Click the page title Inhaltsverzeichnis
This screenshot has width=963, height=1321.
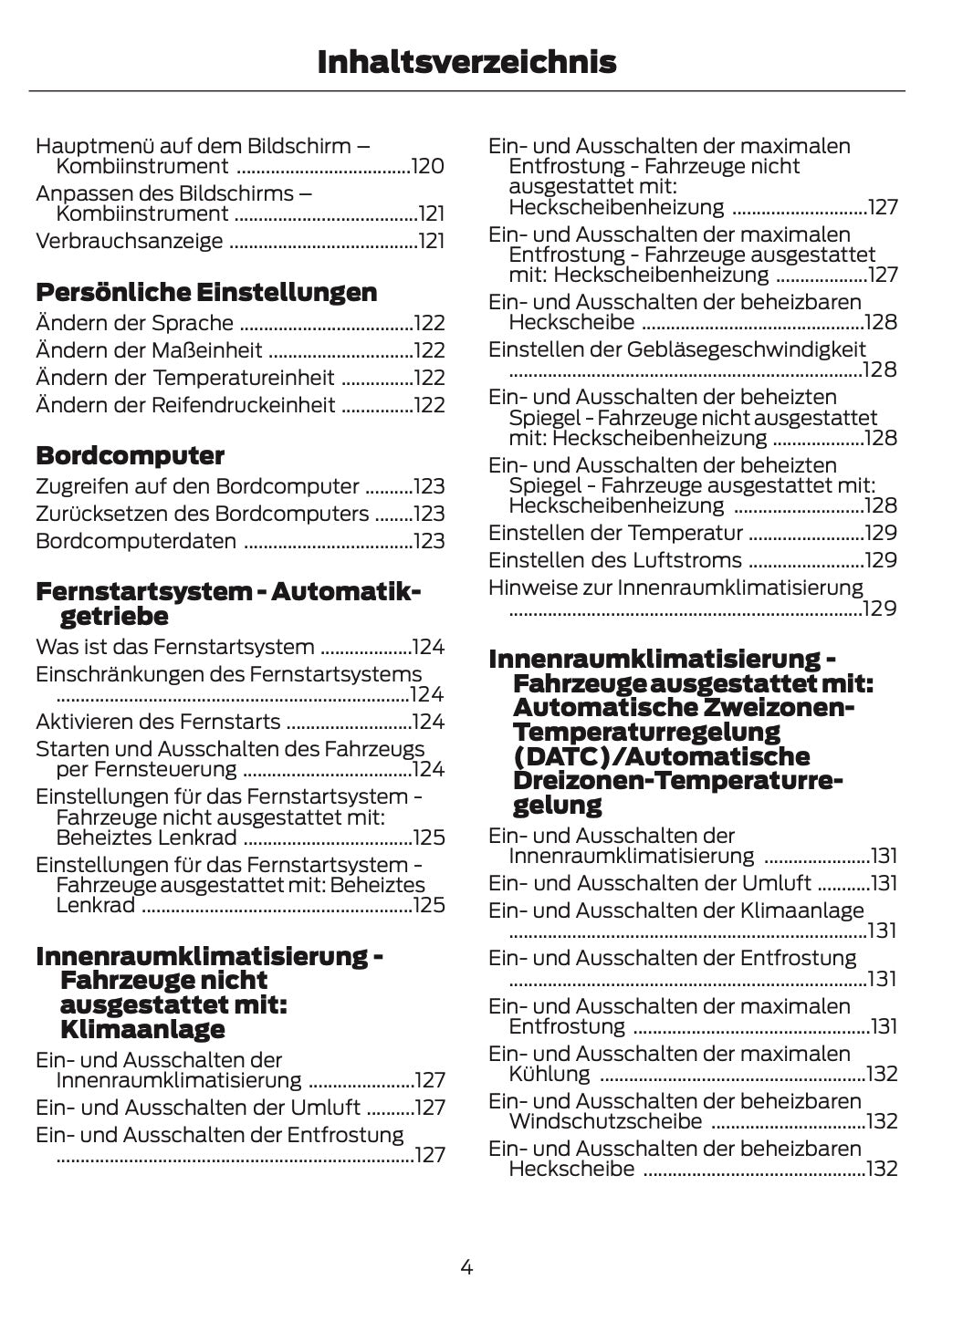coord(466,63)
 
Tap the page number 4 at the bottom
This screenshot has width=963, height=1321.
coord(466,1266)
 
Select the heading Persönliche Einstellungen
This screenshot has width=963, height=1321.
coord(206,293)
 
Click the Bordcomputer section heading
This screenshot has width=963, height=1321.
coord(130,455)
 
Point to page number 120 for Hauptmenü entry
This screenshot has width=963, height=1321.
coord(428,167)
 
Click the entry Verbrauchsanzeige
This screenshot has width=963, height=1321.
coord(129,242)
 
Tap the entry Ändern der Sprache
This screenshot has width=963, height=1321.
coord(134,323)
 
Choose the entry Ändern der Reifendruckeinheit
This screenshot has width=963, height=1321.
coord(185,405)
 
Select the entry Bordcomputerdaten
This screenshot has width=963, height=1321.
coord(136,541)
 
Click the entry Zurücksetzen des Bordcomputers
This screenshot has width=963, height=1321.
coord(202,514)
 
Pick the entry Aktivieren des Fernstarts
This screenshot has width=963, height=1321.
coord(158,723)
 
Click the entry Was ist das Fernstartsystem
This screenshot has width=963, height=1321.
coord(174,648)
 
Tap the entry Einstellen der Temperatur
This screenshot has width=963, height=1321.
coord(615,533)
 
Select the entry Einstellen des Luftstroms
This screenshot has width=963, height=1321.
coord(614,560)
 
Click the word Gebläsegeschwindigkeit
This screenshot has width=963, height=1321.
coord(747,349)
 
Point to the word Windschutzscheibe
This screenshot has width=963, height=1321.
coord(605,1121)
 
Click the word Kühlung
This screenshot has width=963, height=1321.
coord(550,1074)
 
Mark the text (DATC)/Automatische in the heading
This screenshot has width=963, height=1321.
coord(662,756)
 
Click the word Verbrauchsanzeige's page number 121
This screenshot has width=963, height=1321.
coord(431,242)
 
